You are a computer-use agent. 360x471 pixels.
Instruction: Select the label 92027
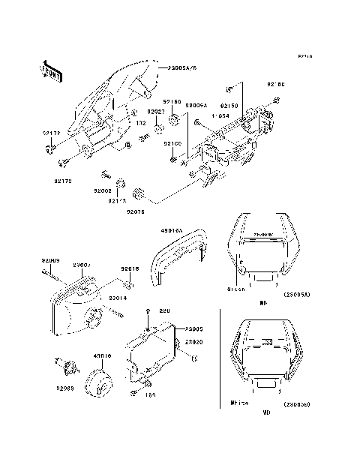(155, 111)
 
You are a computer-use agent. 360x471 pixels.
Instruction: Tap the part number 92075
(136, 212)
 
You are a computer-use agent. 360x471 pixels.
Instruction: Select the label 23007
(80, 265)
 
